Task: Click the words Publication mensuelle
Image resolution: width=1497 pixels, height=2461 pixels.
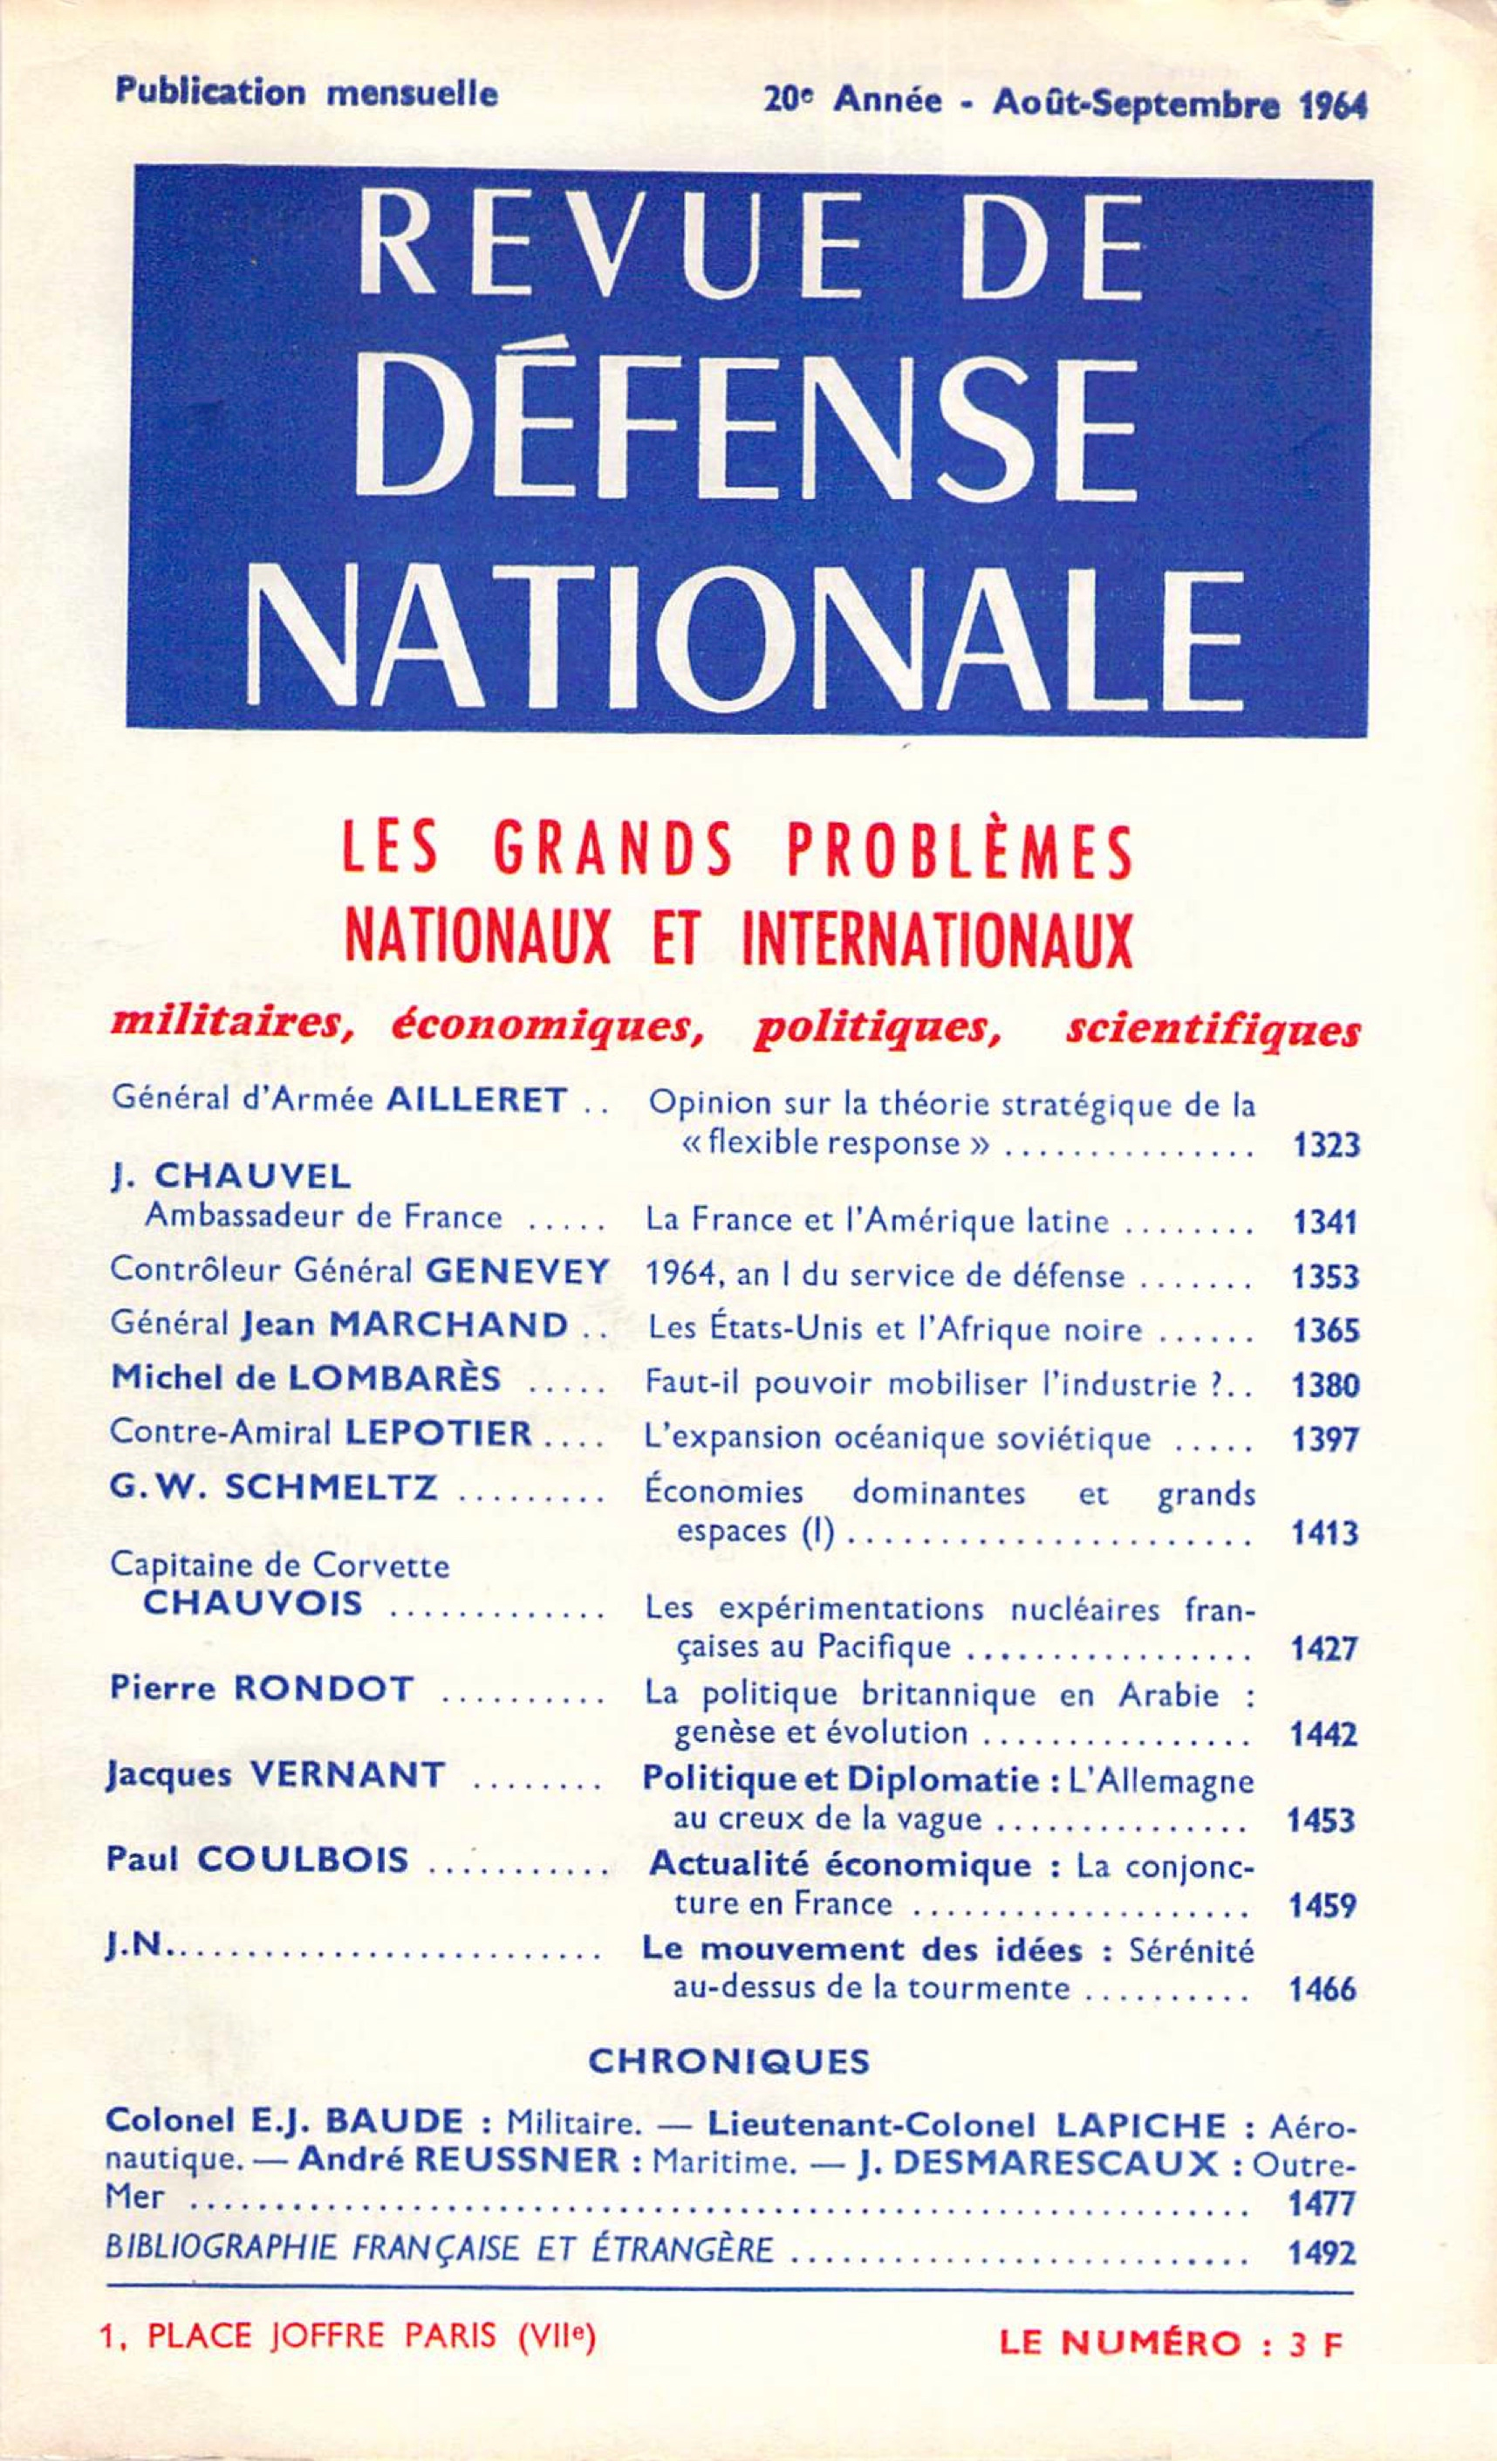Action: [x=306, y=93]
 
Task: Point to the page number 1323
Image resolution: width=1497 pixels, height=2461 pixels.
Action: [x=1326, y=1145]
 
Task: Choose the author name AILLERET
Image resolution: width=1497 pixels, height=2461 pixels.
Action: [x=476, y=1101]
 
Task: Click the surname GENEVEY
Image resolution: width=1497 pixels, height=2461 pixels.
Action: [x=516, y=1272]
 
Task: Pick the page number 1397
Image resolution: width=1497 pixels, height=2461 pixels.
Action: [x=1325, y=1439]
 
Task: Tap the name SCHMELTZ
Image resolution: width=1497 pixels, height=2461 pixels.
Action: [x=330, y=1488]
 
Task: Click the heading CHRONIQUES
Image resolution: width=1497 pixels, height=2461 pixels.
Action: [x=729, y=2061]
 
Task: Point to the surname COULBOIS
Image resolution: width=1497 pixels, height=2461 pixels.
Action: [x=303, y=1860]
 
